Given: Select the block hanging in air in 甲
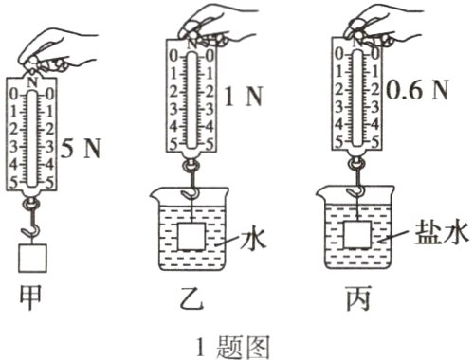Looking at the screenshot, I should pyautogui.click(x=33, y=258).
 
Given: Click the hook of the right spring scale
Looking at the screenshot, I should pyautogui.click(x=359, y=183).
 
